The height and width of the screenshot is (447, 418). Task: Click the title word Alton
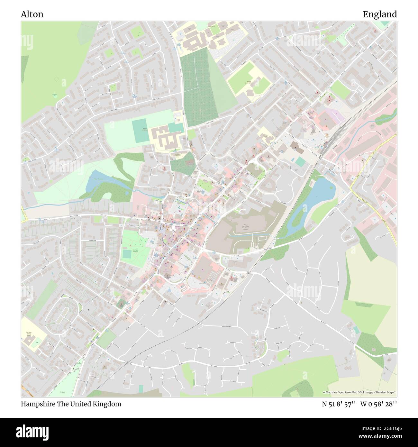point(32,14)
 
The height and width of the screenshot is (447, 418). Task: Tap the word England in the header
point(379,14)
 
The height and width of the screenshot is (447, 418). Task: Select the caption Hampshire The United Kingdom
point(71,404)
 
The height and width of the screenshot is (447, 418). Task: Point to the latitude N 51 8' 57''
point(339,404)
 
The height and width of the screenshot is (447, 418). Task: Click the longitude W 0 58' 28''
point(378,404)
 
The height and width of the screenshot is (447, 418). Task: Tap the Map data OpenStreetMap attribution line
point(359,392)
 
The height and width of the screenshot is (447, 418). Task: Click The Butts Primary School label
point(28,333)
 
